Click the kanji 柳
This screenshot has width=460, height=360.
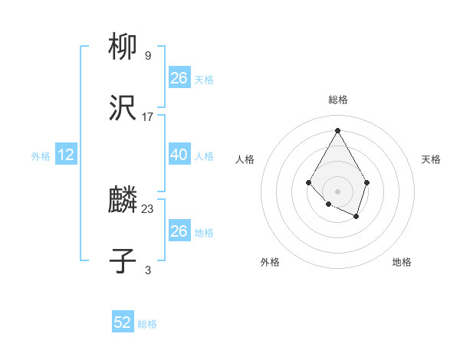coord(123,47)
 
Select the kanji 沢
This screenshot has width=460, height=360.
coord(123,110)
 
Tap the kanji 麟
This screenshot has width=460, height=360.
coord(123,201)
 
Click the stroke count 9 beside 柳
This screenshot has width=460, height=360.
coord(147,55)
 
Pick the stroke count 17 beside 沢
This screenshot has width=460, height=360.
coord(147,117)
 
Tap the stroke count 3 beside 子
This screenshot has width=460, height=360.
coord(147,270)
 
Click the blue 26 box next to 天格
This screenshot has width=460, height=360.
coord(179,78)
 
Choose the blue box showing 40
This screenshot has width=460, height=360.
coord(179,155)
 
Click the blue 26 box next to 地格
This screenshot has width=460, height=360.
coord(179,231)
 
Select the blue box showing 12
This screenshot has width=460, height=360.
coord(65,155)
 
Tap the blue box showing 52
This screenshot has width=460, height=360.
coord(123,322)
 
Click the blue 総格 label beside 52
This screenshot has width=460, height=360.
coord(147,324)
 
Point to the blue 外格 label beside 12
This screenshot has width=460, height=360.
coord(41,156)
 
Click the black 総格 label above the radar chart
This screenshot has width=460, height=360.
coord(337,100)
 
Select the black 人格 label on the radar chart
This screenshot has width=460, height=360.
coord(245,159)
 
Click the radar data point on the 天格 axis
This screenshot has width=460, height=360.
coord(367,182)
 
